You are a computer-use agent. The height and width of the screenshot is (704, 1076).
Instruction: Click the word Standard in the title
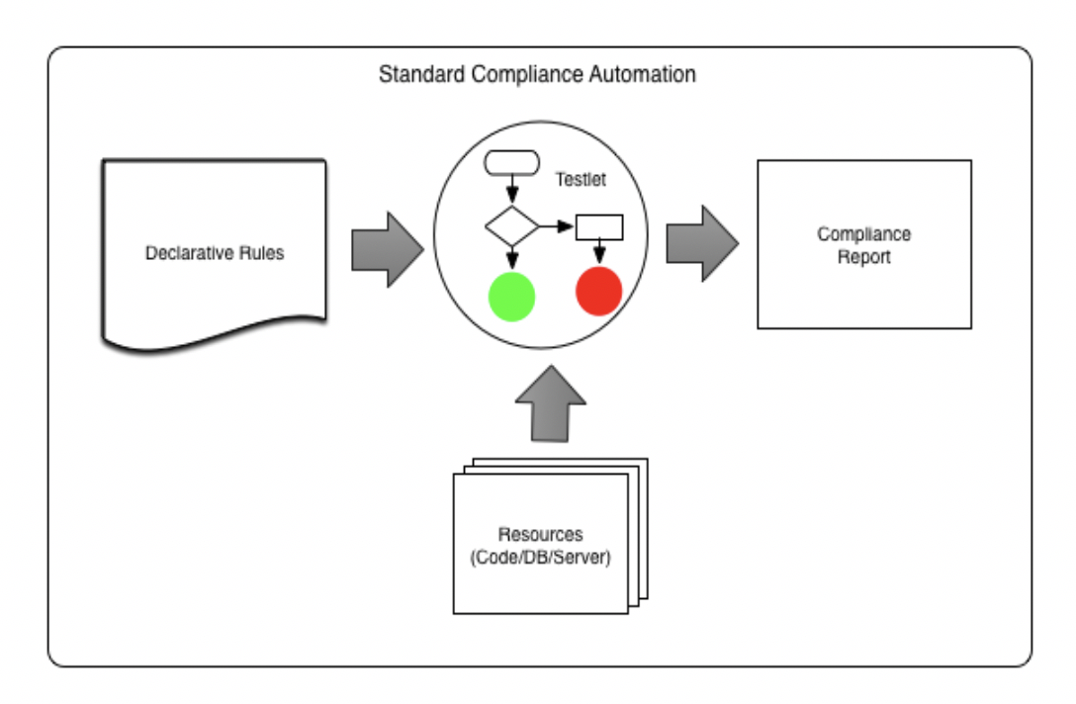(414, 75)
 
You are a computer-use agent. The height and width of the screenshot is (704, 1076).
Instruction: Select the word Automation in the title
(650, 75)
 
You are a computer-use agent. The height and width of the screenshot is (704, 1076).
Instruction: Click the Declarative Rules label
(215, 253)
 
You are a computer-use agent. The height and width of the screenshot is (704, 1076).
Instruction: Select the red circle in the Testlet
(598, 291)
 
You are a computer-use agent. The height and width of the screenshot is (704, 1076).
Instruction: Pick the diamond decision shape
(511, 226)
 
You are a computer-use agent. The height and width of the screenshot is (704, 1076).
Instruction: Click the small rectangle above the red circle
(599, 227)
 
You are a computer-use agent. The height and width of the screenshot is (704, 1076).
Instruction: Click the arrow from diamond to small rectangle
(557, 227)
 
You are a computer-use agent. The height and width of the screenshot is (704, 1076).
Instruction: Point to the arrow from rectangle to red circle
(599, 253)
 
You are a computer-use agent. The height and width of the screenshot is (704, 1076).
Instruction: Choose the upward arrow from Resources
(551, 402)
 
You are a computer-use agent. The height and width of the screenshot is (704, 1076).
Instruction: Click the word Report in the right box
(863, 257)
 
